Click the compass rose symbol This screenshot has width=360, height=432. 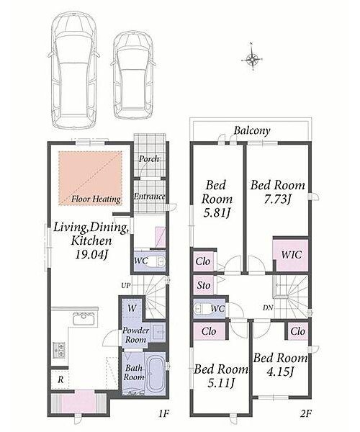point(252,58)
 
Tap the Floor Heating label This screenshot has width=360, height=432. point(96,199)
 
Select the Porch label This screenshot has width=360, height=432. point(149,158)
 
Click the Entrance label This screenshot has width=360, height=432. point(150,197)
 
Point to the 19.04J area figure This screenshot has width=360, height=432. point(91,255)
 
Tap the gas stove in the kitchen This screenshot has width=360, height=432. point(59,350)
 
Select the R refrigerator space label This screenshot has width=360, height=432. point(60,379)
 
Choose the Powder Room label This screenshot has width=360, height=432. point(135,335)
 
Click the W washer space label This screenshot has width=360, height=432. point(132,308)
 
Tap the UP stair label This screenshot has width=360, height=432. point(125,285)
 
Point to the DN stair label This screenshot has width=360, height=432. point(268,307)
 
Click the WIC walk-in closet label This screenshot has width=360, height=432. point(291,255)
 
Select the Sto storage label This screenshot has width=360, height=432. point(204,285)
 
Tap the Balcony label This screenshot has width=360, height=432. point(252,130)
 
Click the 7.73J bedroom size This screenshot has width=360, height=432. point(278,199)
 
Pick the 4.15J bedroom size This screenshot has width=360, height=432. point(280,372)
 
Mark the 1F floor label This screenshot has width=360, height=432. point(163,413)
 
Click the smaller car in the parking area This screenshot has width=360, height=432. point(133,75)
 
